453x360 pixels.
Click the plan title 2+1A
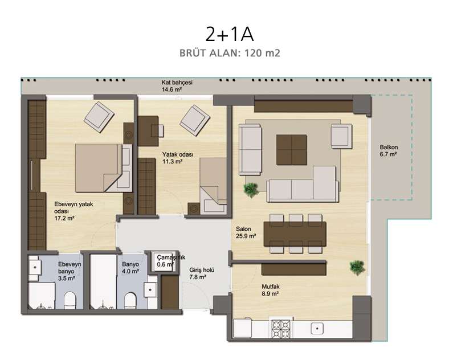point(230,34)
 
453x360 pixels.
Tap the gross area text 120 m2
point(262,53)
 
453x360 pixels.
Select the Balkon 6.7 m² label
point(389,151)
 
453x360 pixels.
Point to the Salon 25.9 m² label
point(246,232)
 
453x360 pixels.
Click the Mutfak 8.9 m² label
point(271,290)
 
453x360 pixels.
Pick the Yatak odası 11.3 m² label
point(178,158)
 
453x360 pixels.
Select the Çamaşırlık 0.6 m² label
point(171,261)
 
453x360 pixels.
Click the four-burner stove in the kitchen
point(281,329)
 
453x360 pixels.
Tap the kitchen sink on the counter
point(317,329)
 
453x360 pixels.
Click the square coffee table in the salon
point(292,150)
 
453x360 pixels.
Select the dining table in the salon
point(295,234)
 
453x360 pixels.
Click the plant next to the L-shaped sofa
point(251,190)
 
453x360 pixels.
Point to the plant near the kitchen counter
point(357,267)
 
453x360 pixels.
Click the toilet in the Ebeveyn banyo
point(70,300)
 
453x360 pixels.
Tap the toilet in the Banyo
point(130,301)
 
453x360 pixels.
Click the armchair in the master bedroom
point(99,117)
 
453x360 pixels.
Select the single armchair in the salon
point(341,136)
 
